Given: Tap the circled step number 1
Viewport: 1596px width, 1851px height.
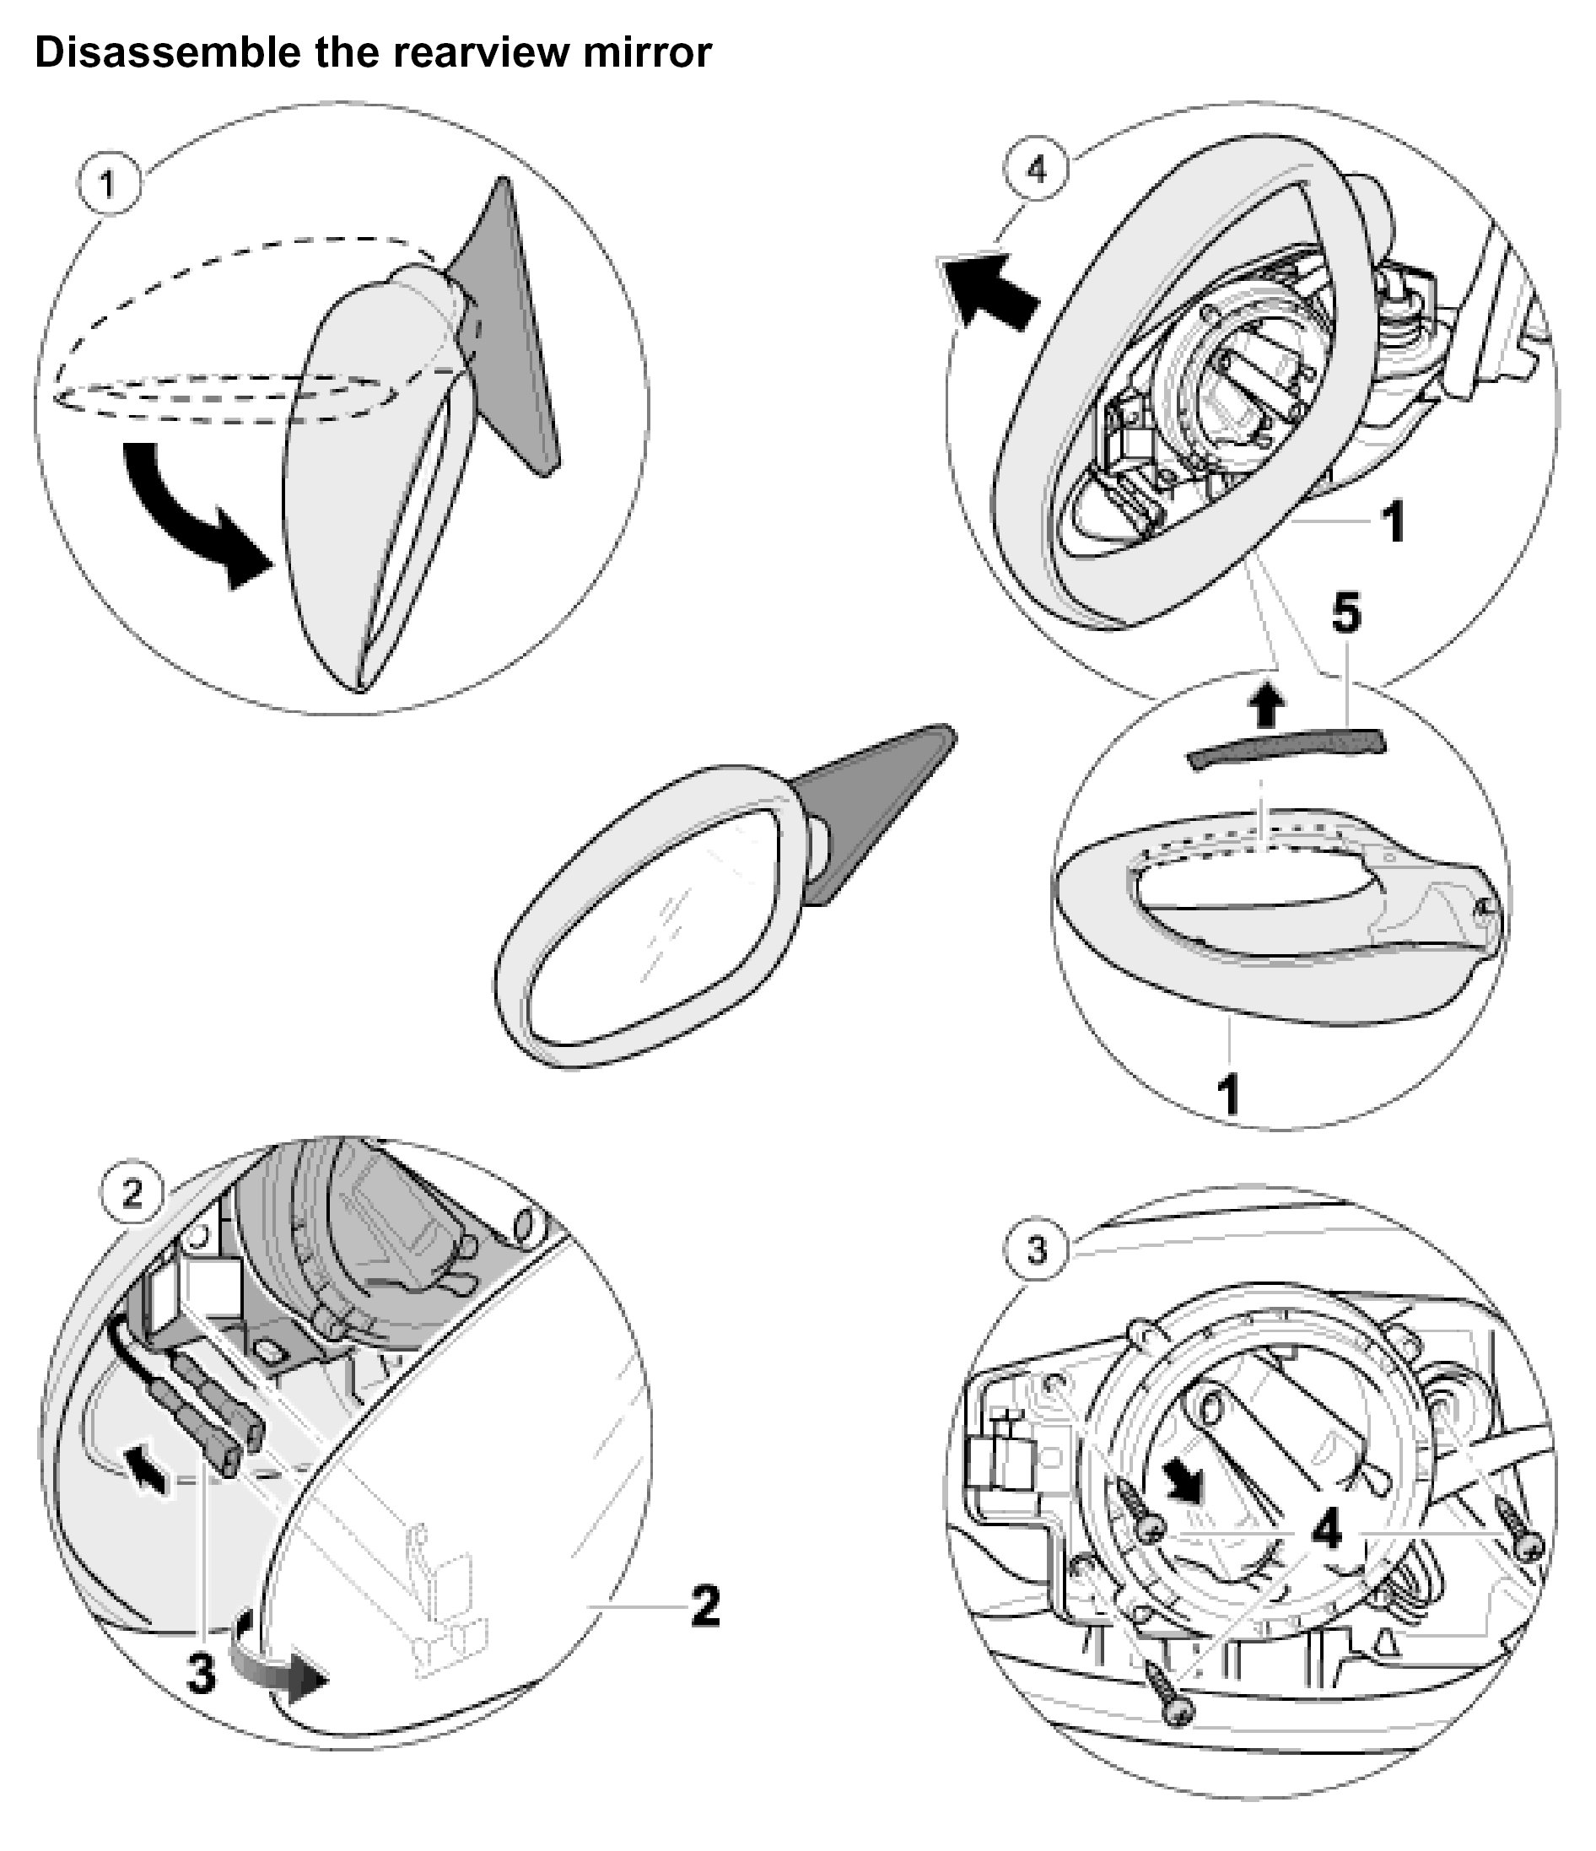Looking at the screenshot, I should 108,185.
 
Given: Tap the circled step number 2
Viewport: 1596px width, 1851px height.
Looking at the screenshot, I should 132,1194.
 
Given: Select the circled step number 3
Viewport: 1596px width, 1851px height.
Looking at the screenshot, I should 1036,1249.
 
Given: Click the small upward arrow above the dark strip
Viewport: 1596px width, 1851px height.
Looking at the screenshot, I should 1265,706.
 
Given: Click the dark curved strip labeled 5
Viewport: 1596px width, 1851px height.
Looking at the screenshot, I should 1286,746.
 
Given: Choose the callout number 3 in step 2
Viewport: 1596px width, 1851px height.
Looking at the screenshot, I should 201,1671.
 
